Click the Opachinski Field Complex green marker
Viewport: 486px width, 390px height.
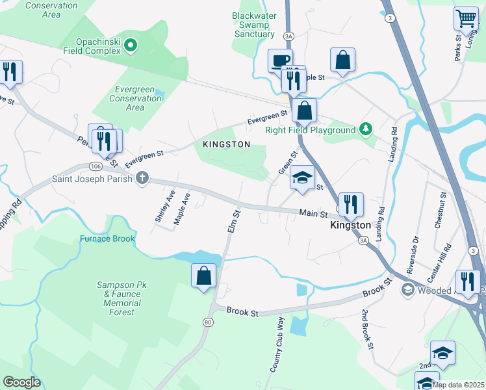coord(131,45)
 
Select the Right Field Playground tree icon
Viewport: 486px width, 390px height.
coord(366,129)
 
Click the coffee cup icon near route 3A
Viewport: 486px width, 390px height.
coord(280,60)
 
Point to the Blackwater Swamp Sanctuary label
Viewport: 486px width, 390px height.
coord(254,25)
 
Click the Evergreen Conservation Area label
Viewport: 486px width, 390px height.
coord(135,98)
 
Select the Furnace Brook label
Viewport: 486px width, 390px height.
coord(107,239)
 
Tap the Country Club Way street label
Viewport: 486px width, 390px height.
coord(278,344)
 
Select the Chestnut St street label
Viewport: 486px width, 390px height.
coord(441,210)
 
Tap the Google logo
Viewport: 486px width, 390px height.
coord(21,382)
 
